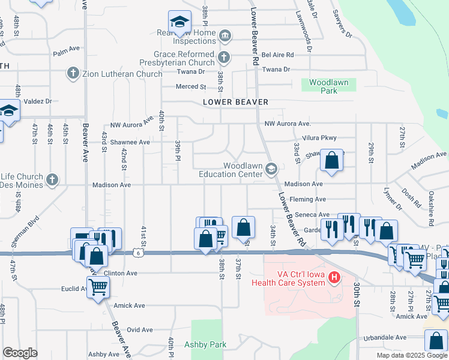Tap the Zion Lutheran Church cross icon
73,73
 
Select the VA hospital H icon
335,277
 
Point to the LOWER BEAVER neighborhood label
235,103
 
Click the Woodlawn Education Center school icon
271,169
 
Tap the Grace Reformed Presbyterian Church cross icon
223,58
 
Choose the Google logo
20,352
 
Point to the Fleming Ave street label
307,199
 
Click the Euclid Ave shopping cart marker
98,289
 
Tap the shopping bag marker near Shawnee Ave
331,160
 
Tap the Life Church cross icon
52,179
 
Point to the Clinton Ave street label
122,273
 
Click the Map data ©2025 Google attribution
412,355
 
